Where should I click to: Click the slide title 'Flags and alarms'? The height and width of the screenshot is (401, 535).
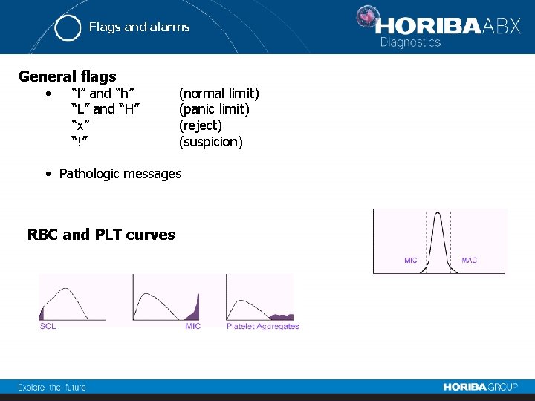(139, 27)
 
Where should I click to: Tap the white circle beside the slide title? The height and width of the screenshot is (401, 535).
(68, 27)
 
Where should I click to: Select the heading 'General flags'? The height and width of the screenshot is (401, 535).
(67, 76)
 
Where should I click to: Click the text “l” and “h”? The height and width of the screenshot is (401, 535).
(103, 94)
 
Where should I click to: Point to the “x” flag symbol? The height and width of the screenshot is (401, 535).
(77, 125)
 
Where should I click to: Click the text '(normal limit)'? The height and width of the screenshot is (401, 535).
(218, 94)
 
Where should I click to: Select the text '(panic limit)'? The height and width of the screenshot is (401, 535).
(214, 110)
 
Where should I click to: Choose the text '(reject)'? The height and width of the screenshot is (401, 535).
(200, 125)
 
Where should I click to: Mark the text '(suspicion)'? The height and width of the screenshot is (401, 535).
(210, 142)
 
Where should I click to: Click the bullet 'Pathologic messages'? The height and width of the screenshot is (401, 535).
(120, 174)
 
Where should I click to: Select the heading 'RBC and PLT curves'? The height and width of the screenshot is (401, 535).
(101, 235)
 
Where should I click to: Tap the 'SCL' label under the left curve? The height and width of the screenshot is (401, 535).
(48, 327)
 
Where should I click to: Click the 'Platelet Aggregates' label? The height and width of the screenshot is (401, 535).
(262, 327)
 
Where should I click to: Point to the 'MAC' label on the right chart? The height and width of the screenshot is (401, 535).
(470, 261)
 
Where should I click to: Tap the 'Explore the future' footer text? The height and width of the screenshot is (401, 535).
(52, 387)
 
